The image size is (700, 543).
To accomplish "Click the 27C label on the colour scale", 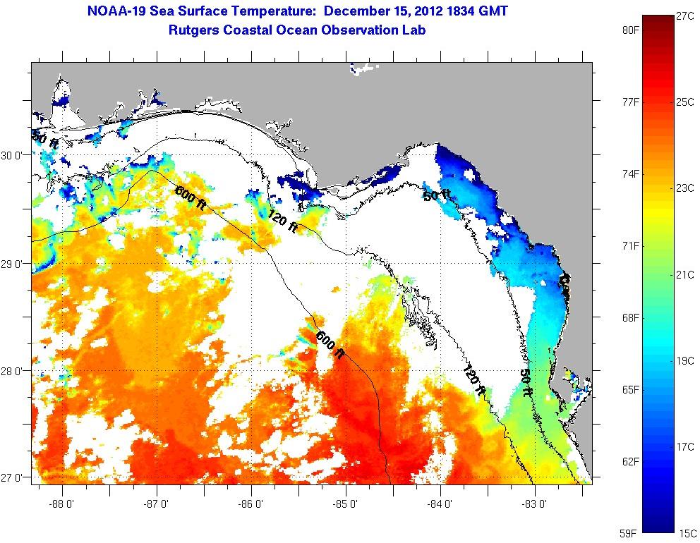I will point(685,16).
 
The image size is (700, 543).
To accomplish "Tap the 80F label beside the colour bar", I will point(631,30).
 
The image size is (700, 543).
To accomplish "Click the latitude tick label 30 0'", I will point(14,155).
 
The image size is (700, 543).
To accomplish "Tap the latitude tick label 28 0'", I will point(14,370).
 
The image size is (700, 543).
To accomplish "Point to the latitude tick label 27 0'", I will point(14,477).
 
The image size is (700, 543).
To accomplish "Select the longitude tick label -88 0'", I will point(63,504).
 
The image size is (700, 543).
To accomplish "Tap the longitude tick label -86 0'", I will point(252,504).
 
